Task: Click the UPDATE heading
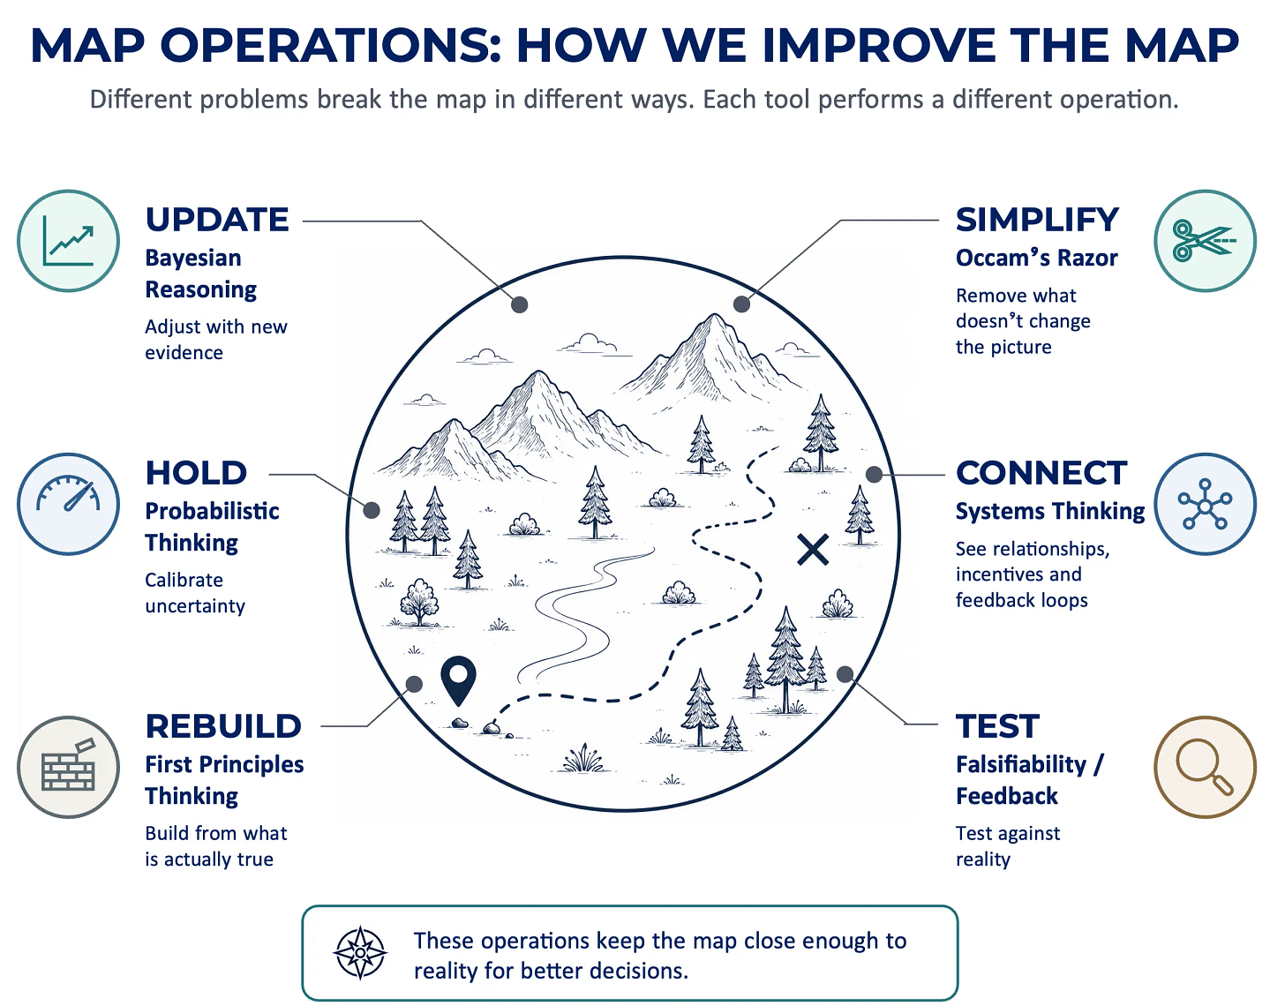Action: pos(217,220)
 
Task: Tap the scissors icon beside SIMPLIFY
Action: pos(1205,241)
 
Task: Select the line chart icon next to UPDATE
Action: pos(68,241)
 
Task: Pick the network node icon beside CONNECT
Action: pos(1205,504)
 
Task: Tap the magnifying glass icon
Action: pos(1205,767)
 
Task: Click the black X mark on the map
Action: pos(813,550)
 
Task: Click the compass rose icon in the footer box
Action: pos(360,953)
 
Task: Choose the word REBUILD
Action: pos(223,726)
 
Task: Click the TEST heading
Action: pos(997,726)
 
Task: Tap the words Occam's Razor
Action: pos(1037,258)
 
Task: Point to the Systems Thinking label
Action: pos(1050,511)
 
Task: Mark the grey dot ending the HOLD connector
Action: pos(372,510)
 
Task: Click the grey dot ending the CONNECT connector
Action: pos(874,474)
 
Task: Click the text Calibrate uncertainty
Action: pos(195,593)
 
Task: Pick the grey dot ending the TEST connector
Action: pos(845,674)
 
